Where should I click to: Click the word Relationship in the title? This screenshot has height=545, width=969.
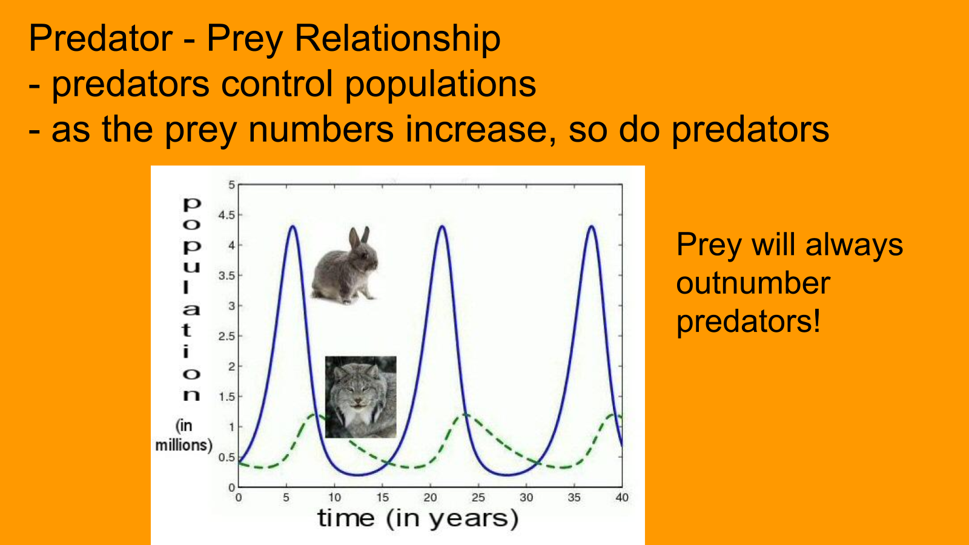click(397, 38)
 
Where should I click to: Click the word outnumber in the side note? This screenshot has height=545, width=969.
click(753, 283)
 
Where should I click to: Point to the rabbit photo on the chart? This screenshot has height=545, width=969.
click(345, 265)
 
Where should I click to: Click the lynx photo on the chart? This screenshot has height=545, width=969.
click(361, 397)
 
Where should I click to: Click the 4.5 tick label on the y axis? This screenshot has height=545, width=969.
click(227, 215)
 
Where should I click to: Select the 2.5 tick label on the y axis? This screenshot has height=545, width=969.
click(227, 336)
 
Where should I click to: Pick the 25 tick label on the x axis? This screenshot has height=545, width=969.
click(478, 497)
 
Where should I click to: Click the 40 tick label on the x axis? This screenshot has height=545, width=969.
click(622, 497)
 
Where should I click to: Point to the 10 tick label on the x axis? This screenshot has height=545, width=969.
click(334, 497)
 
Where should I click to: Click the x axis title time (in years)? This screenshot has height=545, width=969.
click(418, 518)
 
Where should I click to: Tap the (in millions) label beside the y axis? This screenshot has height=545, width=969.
click(184, 435)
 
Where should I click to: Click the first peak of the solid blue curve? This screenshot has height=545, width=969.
click(293, 226)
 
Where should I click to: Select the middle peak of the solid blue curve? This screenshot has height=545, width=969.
click(442, 226)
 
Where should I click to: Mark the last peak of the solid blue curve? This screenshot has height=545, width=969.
click(591, 226)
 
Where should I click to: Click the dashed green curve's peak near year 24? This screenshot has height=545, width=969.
click(465, 415)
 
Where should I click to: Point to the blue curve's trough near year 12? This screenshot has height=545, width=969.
click(358, 475)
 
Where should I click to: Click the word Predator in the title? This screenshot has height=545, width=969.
click(101, 38)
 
